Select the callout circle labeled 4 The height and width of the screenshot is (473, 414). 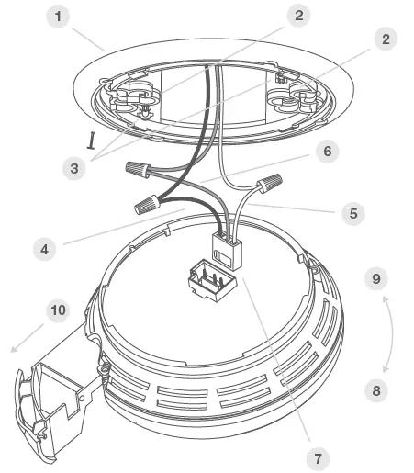point(43,247)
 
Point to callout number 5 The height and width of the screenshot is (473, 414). point(351,212)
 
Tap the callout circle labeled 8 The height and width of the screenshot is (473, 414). point(375,390)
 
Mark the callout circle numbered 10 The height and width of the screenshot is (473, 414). point(58,310)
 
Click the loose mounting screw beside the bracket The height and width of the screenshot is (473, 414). point(93,139)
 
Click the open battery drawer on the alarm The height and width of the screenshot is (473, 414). point(55,395)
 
